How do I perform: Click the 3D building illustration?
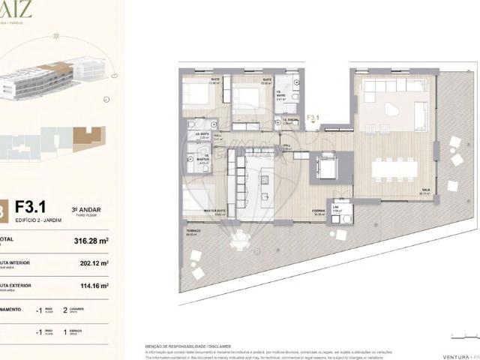click(x=45, y=79)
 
